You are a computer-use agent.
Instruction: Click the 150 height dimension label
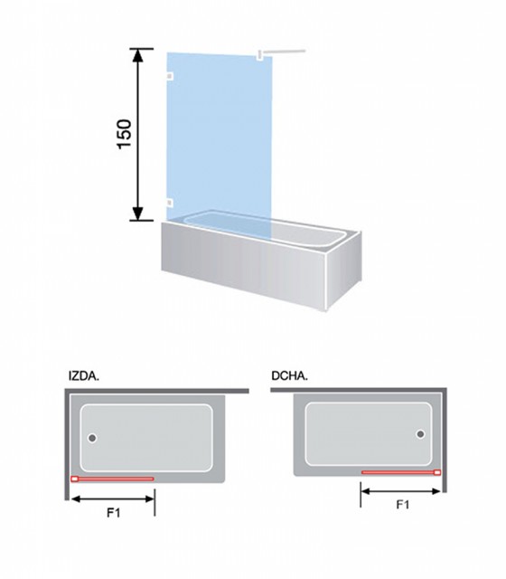click(x=125, y=135)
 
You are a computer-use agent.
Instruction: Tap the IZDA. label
click(x=84, y=376)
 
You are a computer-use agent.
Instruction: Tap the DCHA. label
click(x=289, y=376)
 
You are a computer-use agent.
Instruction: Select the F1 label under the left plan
click(x=114, y=513)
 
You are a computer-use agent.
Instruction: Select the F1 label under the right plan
click(x=403, y=505)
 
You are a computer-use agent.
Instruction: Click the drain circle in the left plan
click(x=92, y=438)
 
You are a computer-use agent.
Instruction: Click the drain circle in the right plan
click(x=420, y=434)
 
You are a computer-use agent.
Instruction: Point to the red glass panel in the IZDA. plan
click(x=112, y=479)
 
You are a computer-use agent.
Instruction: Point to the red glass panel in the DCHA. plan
click(x=401, y=472)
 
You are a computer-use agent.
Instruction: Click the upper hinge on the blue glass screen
click(x=170, y=76)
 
